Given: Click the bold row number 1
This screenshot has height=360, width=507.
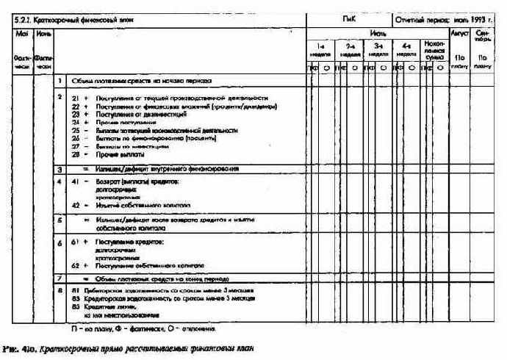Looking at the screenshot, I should tap(60, 80).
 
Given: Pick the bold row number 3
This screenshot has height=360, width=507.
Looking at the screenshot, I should tap(60, 169).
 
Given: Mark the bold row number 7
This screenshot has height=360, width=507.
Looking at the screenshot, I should tap(60, 279).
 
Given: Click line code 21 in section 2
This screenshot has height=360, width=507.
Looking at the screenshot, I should tap(76, 98).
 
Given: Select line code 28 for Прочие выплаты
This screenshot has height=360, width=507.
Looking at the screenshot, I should tap(76, 154).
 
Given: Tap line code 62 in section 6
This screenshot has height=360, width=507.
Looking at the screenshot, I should tap(76, 266).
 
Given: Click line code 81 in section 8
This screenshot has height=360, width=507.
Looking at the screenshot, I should tap(76, 292).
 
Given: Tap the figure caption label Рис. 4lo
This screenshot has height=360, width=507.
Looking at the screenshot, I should tap(19, 347).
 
